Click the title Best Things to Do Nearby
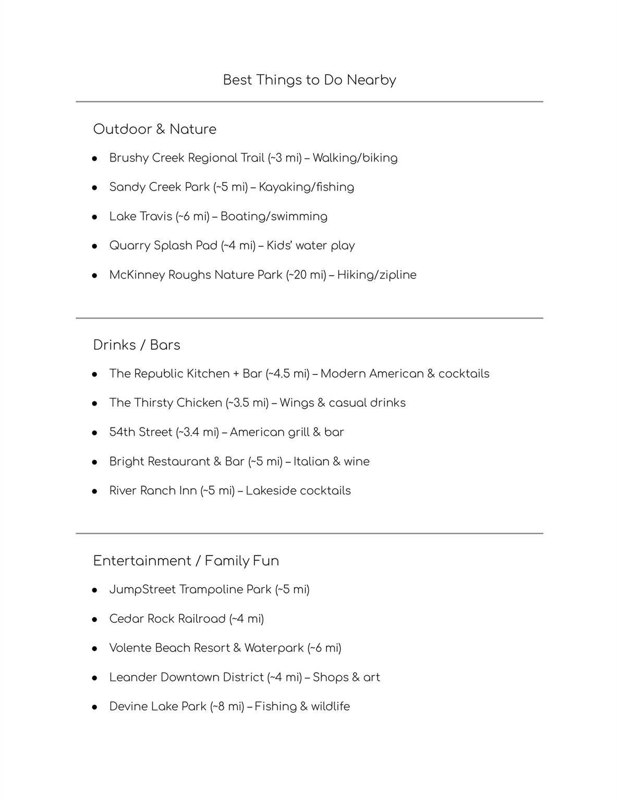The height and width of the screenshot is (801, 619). (309, 80)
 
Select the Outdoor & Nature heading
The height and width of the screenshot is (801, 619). (154, 129)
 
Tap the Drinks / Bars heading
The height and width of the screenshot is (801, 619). (137, 345)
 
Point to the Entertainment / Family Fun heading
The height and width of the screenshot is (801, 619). (186, 561)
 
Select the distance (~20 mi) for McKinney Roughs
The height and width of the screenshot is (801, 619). (306, 275)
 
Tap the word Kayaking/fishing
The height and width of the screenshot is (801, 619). (306, 187)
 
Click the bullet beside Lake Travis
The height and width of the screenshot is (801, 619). (95, 217)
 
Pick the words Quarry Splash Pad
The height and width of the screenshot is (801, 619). (163, 246)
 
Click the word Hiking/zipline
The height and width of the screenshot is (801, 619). (377, 275)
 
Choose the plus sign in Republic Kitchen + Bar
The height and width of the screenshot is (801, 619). (236, 374)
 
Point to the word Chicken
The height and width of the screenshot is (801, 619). (199, 403)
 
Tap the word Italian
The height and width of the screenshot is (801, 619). (310, 462)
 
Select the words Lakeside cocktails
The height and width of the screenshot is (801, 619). (298, 491)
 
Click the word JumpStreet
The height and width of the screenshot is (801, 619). (142, 589)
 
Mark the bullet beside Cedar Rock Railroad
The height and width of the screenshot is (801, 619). (95, 620)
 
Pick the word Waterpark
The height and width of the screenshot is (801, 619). (274, 648)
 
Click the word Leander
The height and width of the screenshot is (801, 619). (133, 677)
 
